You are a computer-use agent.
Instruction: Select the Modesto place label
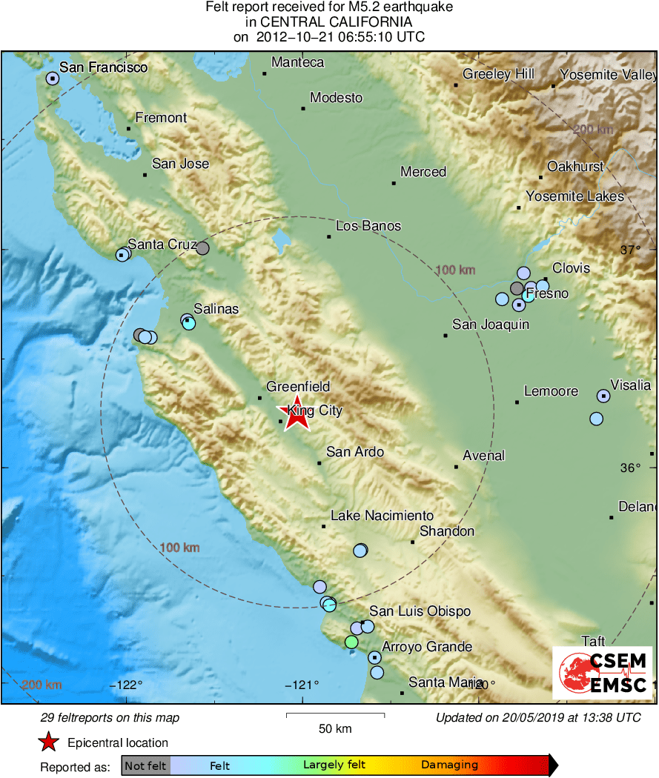coord(336,98)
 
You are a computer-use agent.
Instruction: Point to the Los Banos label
coord(368,226)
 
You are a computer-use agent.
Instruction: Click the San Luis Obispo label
coord(420,611)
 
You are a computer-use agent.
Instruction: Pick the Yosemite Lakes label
coord(574,196)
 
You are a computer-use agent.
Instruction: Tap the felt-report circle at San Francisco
coord(53,78)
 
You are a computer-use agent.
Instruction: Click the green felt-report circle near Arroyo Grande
coord(351,642)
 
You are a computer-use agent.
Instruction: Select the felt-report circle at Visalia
coord(603,396)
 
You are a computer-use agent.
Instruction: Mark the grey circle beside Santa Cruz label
coord(202,248)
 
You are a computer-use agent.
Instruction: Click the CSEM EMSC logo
coord(602,673)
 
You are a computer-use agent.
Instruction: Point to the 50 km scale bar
coord(335,715)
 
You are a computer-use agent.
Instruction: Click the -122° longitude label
coord(129,684)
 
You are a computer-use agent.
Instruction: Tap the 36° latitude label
coord(630,468)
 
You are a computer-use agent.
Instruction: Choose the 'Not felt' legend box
coord(145,765)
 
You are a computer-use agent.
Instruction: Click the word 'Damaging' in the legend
coord(449,765)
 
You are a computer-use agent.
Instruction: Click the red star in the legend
coord(48,742)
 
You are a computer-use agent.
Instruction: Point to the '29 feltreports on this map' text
coord(110,718)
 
